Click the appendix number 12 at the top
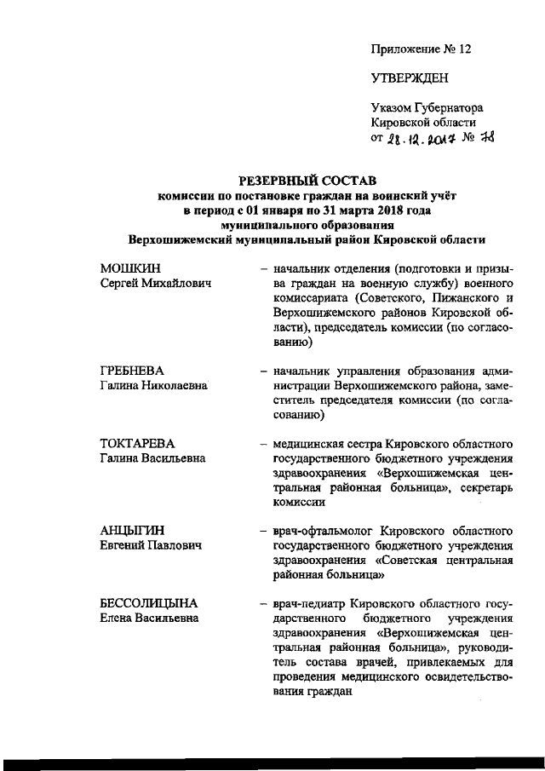click(463, 49)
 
